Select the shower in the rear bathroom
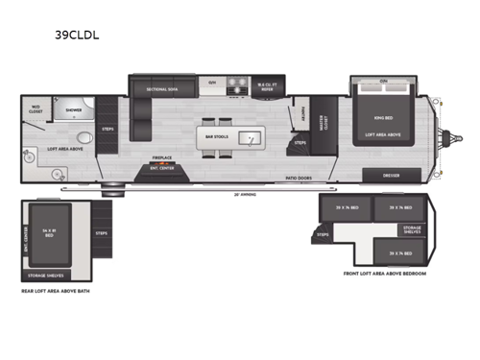click(74, 109)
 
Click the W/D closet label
click(36, 109)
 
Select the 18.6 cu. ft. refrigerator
click(268, 87)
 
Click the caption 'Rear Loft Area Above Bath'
click(60, 291)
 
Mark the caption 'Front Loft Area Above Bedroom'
click(384, 274)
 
